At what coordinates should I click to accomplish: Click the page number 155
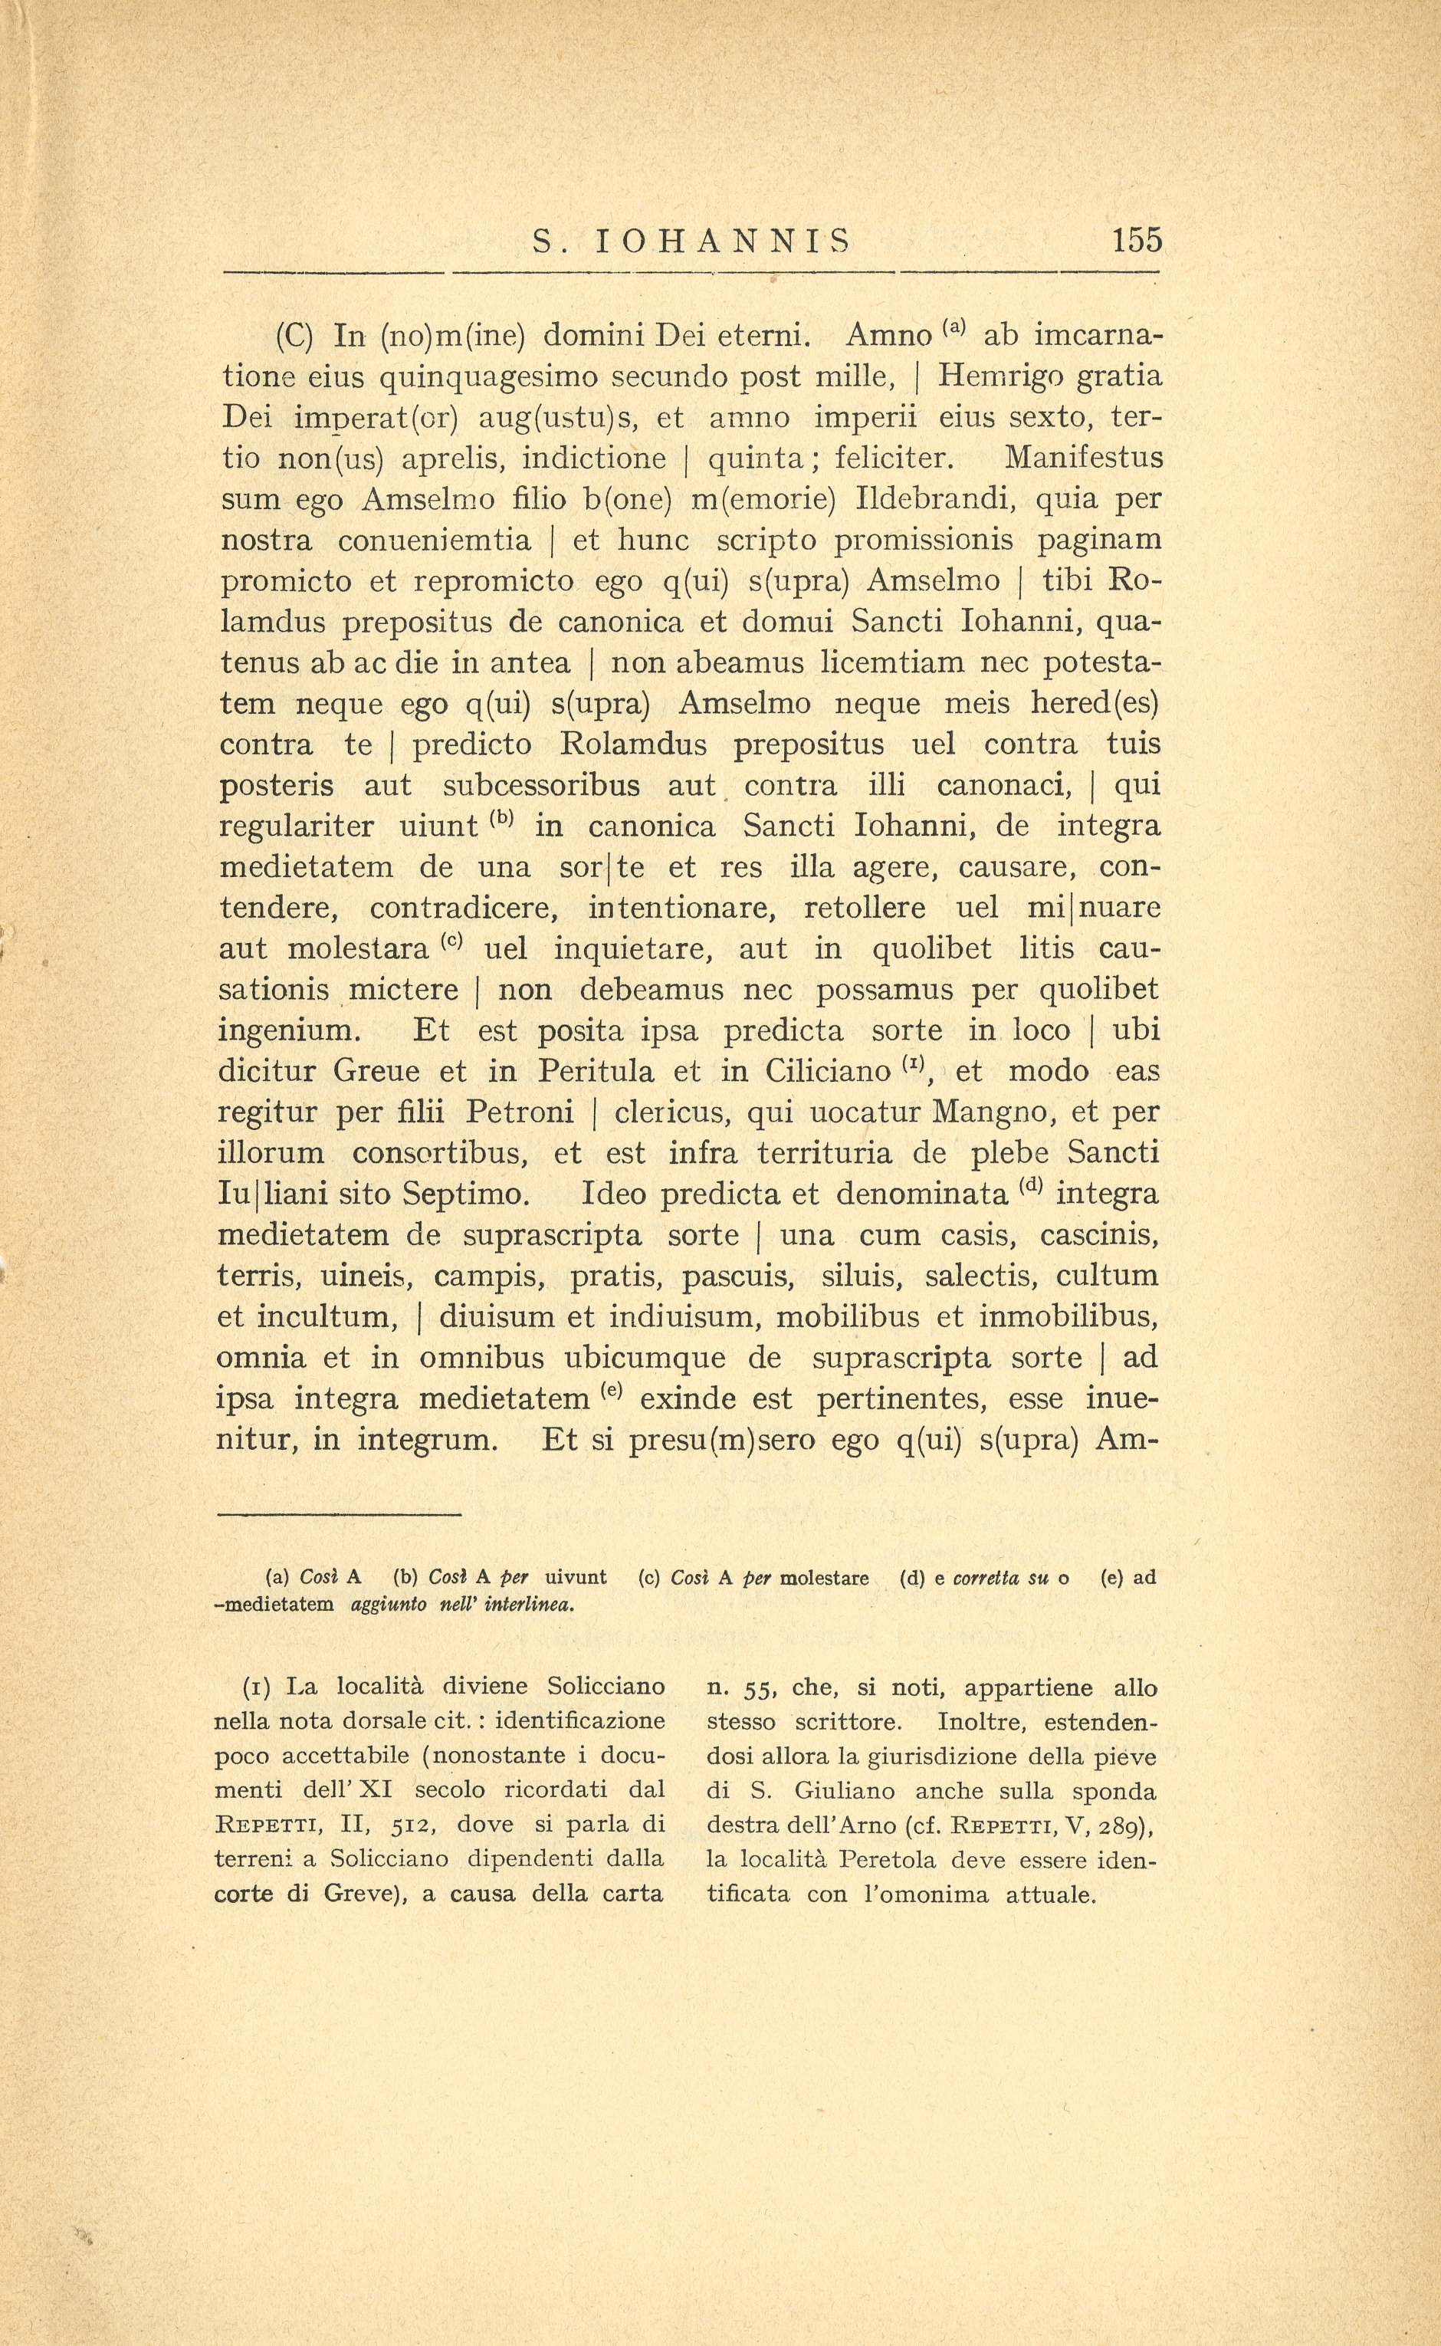coord(1136,239)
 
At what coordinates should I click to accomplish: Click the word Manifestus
coord(1084,458)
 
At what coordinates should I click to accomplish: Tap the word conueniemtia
coord(434,540)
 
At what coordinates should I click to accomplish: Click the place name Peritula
coord(596,1072)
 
